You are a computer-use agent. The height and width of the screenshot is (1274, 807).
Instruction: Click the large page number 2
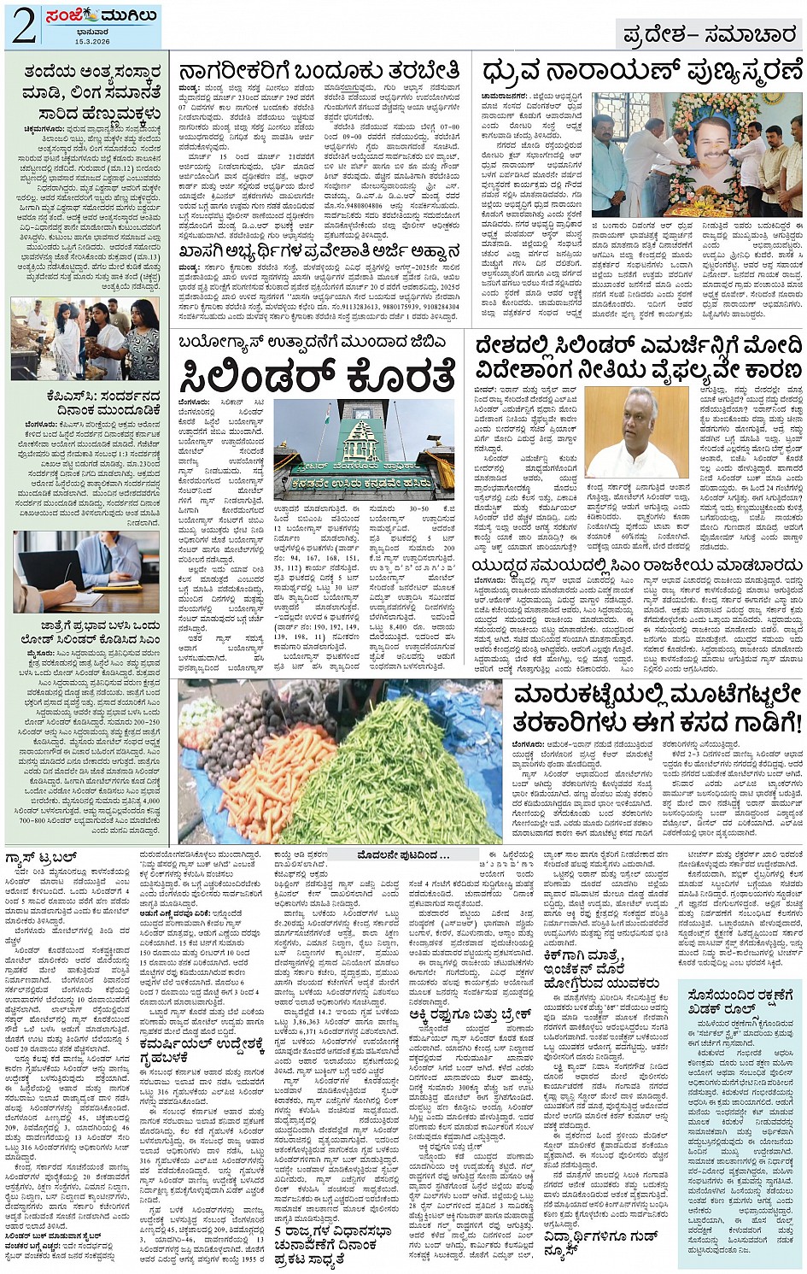(23, 26)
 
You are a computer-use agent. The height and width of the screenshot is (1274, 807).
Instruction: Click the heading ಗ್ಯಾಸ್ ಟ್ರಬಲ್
(43, 857)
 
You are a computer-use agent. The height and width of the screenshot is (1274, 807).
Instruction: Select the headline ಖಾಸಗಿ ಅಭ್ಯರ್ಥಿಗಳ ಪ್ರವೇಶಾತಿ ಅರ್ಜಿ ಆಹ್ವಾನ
(319, 252)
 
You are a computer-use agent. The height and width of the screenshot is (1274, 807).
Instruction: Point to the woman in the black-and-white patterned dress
(140, 337)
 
